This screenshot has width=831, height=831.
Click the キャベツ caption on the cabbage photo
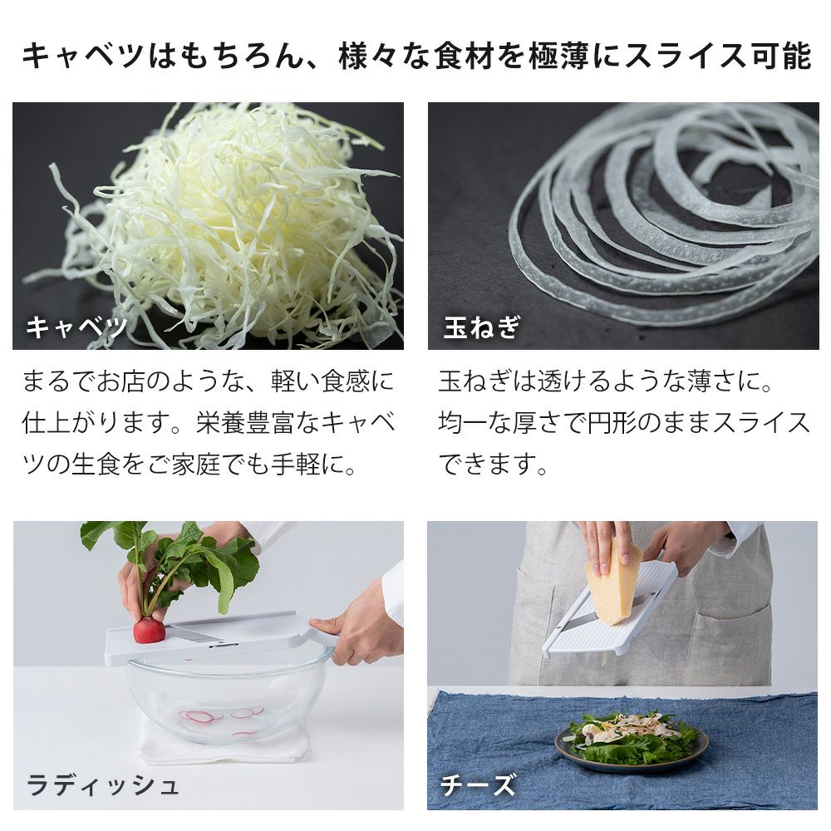tap(76, 327)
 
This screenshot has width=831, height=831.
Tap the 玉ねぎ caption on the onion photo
tap(481, 327)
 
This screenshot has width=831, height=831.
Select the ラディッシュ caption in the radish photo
tap(101, 785)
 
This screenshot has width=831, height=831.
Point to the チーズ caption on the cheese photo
tap(478, 785)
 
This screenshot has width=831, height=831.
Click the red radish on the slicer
tap(149, 630)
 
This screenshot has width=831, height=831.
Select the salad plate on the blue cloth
tap(631, 742)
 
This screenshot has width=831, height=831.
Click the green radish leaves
tap(175, 561)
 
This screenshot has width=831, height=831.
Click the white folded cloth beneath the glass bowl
tap(223, 742)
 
